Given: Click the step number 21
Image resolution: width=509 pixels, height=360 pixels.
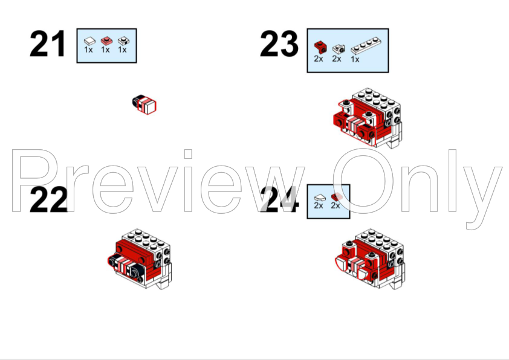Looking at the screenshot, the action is (48, 43).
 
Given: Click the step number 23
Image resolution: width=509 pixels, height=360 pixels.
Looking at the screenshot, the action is (279, 43).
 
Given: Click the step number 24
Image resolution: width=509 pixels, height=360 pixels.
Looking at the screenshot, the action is (279, 200).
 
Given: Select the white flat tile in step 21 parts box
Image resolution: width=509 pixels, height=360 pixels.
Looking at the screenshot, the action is (89, 41).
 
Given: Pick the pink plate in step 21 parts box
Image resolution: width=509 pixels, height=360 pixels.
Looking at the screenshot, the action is (106, 41).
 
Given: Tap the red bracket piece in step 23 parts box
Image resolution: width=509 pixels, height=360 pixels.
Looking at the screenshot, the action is (320, 48).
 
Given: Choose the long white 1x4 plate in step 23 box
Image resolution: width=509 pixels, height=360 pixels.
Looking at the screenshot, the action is (366, 45).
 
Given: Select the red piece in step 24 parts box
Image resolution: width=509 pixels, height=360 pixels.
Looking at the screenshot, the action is (337, 197).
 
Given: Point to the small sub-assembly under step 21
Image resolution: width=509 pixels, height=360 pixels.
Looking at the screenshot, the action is (144, 104).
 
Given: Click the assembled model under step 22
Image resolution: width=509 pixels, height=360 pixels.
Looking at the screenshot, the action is (140, 259).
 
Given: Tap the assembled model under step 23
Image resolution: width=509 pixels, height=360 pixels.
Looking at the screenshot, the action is (368, 118).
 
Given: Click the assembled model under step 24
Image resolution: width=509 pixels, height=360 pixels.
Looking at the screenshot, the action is (370, 259).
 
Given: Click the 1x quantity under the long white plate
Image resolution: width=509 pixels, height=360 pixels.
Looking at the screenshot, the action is (355, 59).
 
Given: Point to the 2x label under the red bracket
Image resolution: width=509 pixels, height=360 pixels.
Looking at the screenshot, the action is (319, 59).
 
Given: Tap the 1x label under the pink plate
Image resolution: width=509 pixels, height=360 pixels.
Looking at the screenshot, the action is (105, 50).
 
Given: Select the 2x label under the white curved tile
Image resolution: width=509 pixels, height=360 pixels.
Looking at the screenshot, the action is (319, 205).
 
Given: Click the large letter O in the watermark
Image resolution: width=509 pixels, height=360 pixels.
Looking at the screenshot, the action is (363, 181).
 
